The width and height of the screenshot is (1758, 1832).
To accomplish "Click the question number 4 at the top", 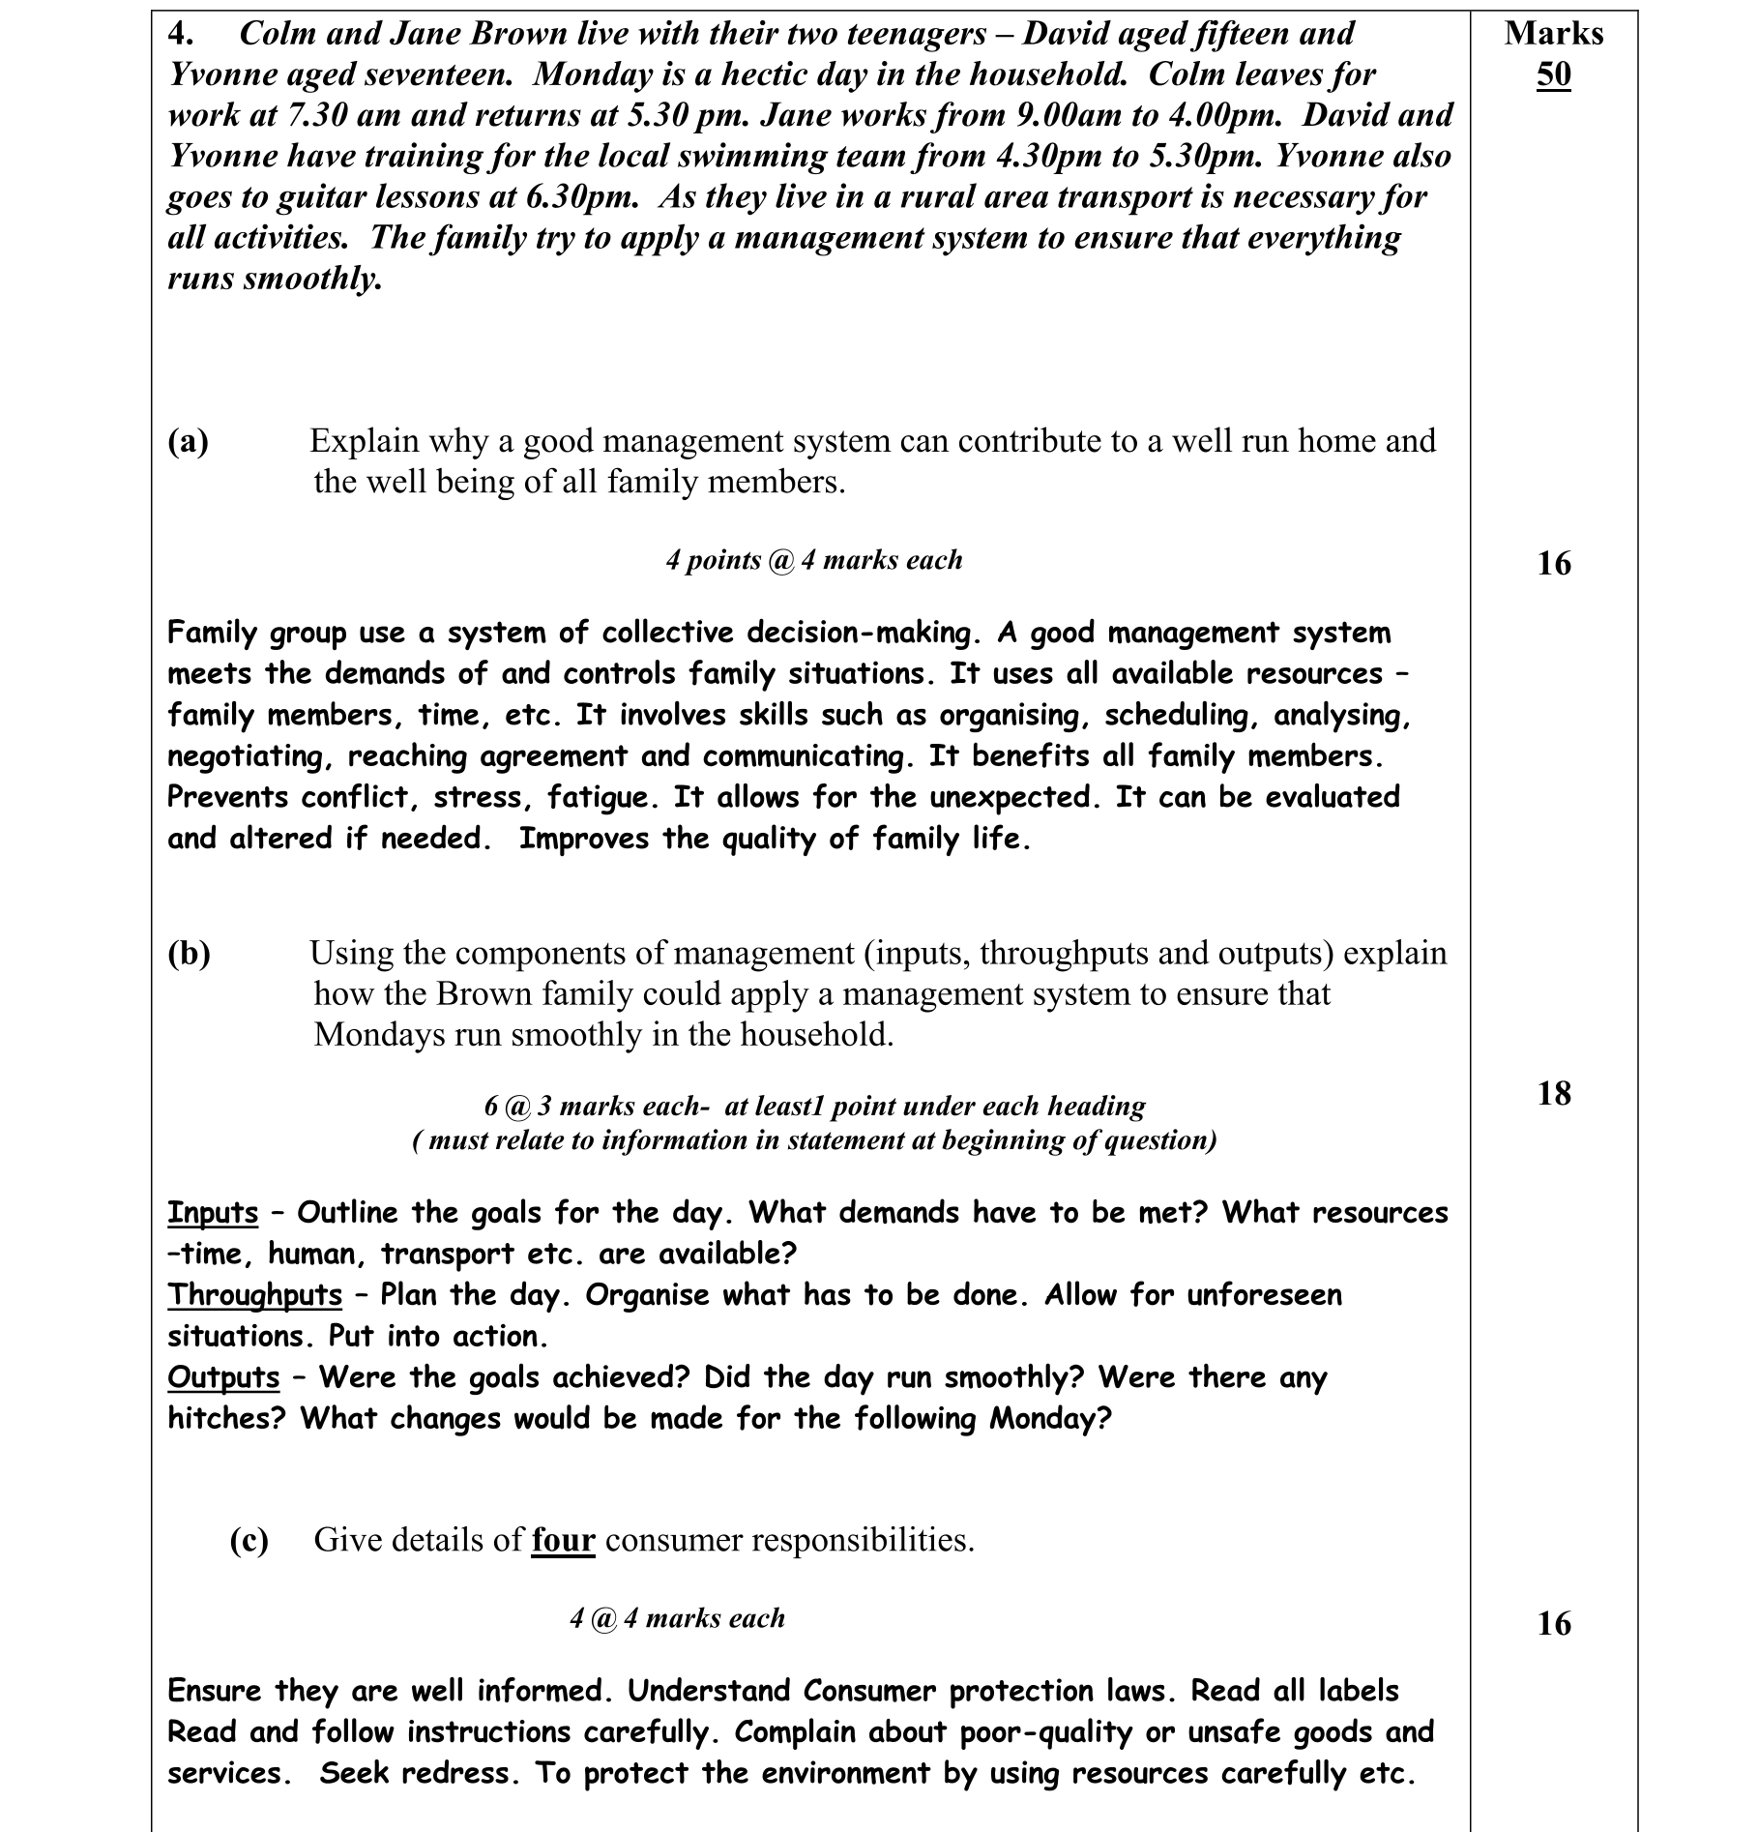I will pyautogui.click(x=180, y=34).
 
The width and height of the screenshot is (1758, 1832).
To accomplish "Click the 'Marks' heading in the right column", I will pyautogui.click(x=1553, y=34).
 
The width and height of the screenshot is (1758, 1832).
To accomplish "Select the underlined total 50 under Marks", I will pyautogui.click(x=1553, y=74).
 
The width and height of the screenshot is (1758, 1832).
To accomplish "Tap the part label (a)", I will pyautogui.click(x=189, y=441).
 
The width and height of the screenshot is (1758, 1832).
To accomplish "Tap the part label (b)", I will pyautogui.click(x=189, y=954).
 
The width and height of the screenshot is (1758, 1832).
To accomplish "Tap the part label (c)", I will pyautogui.click(x=249, y=1540).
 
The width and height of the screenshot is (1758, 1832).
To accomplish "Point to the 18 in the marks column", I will pyautogui.click(x=1554, y=1094).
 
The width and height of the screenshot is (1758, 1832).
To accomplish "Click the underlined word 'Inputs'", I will pyautogui.click(x=213, y=1213).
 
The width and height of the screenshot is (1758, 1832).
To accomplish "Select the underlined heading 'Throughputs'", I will pyautogui.click(x=255, y=1295).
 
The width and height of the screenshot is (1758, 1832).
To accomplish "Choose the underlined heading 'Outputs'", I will pyautogui.click(x=223, y=1377).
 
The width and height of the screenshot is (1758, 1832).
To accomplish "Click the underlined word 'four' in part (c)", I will pyautogui.click(x=563, y=1540).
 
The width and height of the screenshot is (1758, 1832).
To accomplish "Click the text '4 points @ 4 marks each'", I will pyautogui.click(x=814, y=560).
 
